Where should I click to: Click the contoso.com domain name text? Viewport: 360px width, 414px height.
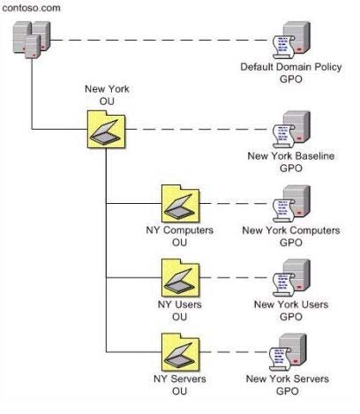click(x=31, y=8)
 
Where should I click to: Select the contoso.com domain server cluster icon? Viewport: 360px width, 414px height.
click(x=32, y=40)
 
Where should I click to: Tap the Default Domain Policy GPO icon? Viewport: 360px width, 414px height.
click(x=291, y=40)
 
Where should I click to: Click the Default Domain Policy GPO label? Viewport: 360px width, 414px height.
click(x=291, y=73)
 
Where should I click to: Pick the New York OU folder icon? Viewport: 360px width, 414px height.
click(x=107, y=129)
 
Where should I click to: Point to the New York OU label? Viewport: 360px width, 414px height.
click(x=107, y=94)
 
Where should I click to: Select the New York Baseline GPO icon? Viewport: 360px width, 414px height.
click(x=291, y=129)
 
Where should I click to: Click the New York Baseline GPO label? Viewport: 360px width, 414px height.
click(x=291, y=162)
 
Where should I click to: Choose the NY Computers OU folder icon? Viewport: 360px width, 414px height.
click(x=181, y=203)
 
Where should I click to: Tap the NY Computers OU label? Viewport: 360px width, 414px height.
click(x=180, y=236)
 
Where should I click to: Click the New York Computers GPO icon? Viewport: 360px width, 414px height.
click(x=291, y=203)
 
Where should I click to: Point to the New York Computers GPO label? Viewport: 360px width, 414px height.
click(x=291, y=236)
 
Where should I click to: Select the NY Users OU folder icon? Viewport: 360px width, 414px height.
click(x=181, y=278)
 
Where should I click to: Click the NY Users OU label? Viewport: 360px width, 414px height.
click(x=180, y=311)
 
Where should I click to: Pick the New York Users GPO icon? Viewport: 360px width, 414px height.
click(x=291, y=278)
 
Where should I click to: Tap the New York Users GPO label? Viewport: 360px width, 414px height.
click(x=291, y=311)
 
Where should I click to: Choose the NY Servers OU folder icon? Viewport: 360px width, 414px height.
click(x=181, y=352)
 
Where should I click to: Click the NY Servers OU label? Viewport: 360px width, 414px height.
click(x=180, y=385)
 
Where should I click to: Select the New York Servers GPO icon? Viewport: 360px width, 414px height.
click(x=288, y=352)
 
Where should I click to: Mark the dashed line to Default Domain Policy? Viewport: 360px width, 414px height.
click(x=161, y=40)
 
